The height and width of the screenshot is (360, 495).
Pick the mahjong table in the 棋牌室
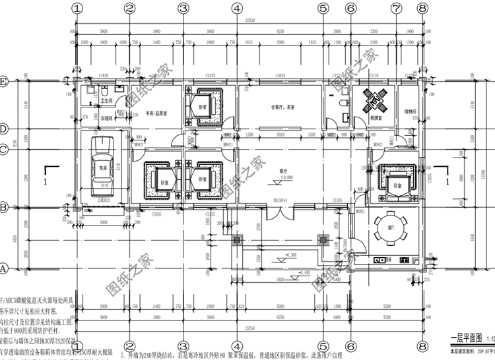[373, 102]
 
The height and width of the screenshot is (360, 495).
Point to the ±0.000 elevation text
[285, 177]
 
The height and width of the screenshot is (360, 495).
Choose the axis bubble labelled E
[4, 82]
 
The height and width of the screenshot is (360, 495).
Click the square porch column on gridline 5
[323, 239]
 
